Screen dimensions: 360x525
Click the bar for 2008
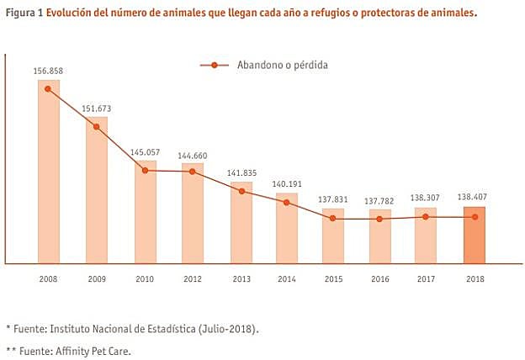tap(48, 172)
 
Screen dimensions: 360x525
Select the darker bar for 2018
tap(475, 236)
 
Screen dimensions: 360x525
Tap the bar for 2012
tap(193, 214)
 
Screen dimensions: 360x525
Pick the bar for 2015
tap(333, 236)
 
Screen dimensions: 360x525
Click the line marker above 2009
tap(97, 126)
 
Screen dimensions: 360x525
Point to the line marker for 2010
tap(146, 170)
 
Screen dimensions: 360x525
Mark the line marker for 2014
tap(287, 202)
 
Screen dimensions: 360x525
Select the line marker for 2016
tap(379, 219)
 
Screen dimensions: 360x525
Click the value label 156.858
tap(48, 71)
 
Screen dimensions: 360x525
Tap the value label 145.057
tap(145, 151)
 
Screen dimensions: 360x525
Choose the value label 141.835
tap(241, 173)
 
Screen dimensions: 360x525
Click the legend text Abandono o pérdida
tap(283, 65)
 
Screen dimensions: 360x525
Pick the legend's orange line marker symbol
tap(215, 65)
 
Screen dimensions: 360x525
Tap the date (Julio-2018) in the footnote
tap(227, 328)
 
